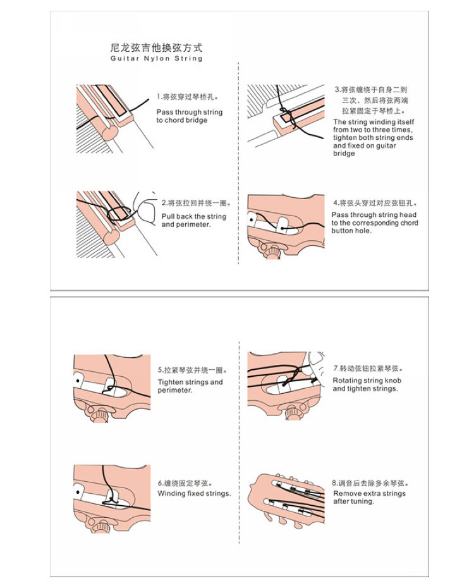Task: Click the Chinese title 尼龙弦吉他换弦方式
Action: pos(156,48)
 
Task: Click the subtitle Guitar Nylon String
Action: pos(156,59)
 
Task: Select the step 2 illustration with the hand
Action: pos(118,223)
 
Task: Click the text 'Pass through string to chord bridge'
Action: pos(190,116)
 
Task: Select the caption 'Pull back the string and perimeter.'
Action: pos(193,221)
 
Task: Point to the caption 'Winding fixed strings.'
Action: pos(194,494)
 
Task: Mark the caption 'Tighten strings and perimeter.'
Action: pos(190,386)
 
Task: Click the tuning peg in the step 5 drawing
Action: pos(100,415)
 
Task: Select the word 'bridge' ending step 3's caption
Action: pos(344,154)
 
